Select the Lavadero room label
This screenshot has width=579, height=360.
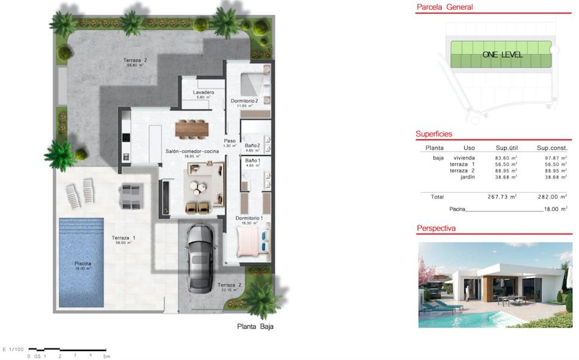[204, 93]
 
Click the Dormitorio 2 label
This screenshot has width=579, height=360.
[244, 101]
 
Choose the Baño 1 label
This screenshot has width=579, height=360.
[252, 161]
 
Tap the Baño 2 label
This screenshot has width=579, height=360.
[252, 145]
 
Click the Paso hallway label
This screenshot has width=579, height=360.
[230, 141]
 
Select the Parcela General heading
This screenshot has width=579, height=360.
[444, 8]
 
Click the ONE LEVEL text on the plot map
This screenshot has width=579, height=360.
[502, 55]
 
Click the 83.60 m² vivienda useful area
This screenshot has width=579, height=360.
[506, 158]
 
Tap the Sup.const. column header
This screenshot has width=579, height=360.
[552, 147]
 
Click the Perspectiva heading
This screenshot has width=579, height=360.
[436, 228]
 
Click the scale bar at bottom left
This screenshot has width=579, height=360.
[67, 349]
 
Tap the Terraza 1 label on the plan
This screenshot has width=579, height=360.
[124, 238]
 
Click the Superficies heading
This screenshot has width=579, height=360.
[434, 134]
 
